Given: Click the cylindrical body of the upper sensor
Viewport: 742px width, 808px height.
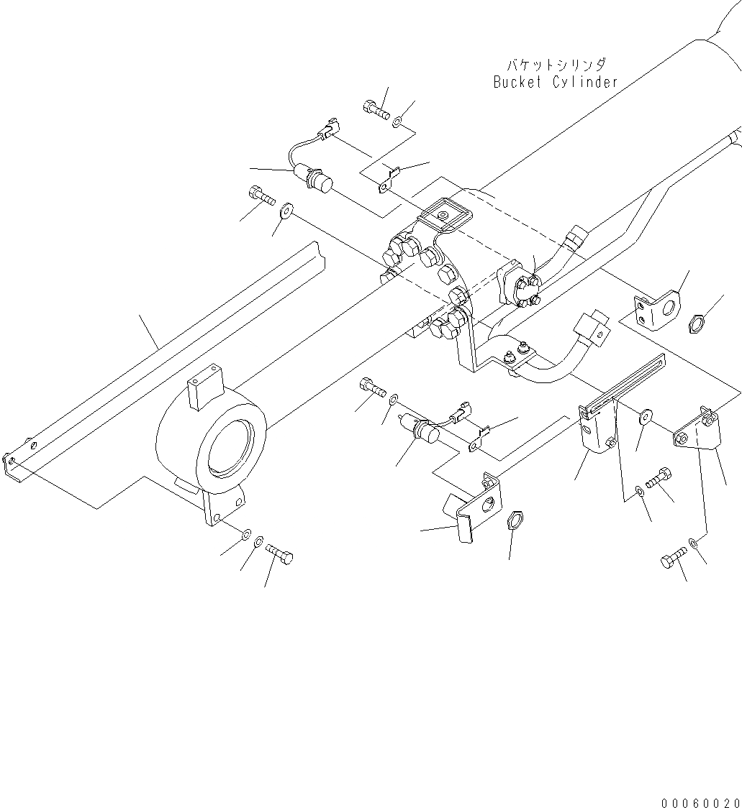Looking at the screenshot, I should click(x=317, y=179).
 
